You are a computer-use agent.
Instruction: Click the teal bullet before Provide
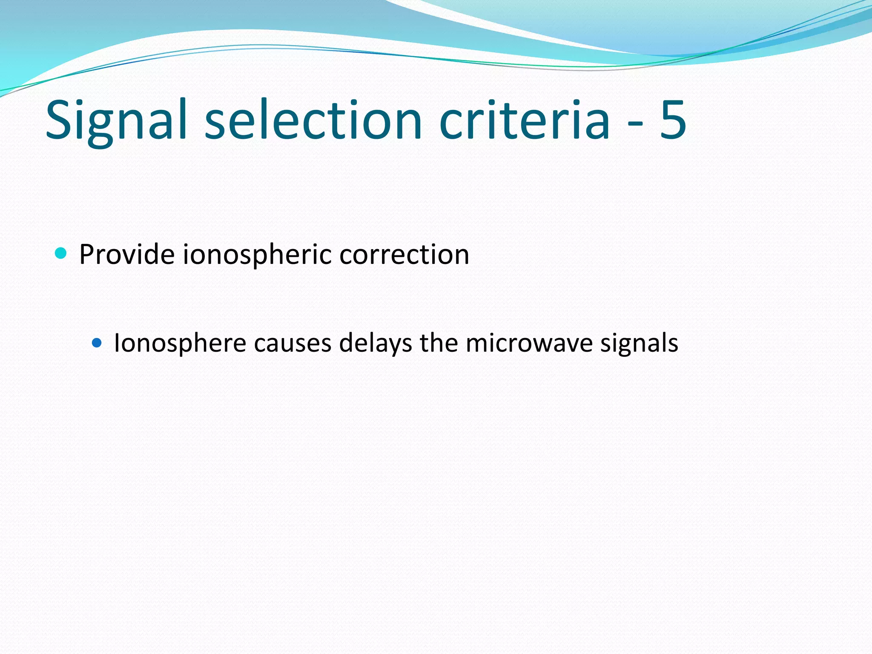click(61, 254)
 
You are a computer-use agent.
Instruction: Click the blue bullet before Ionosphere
click(97, 343)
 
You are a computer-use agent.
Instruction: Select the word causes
click(293, 344)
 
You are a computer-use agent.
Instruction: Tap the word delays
click(375, 344)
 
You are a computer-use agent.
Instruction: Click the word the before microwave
click(439, 343)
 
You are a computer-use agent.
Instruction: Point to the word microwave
click(529, 344)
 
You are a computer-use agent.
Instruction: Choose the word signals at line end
click(639, 344)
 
